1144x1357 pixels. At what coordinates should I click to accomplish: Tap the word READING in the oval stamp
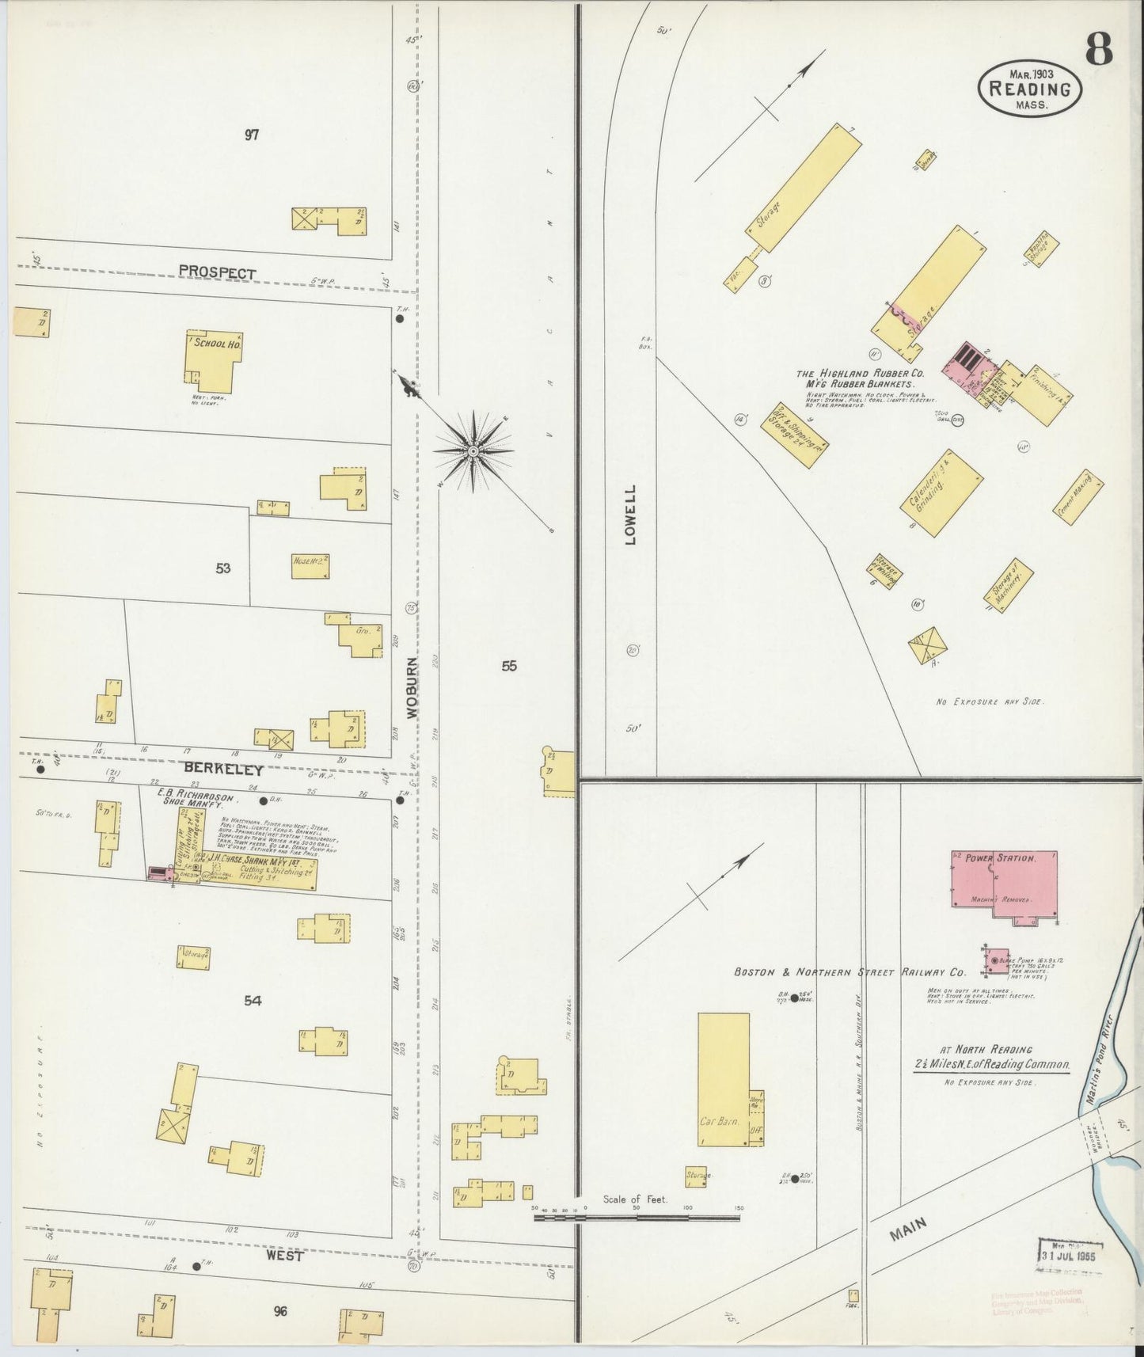point(1030,89)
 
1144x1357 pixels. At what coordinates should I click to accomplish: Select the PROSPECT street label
point(217,272)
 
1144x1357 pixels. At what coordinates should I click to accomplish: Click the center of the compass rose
point(473,451)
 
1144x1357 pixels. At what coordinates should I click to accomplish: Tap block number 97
point(252,135)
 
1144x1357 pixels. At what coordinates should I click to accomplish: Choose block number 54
point(253,1000)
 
